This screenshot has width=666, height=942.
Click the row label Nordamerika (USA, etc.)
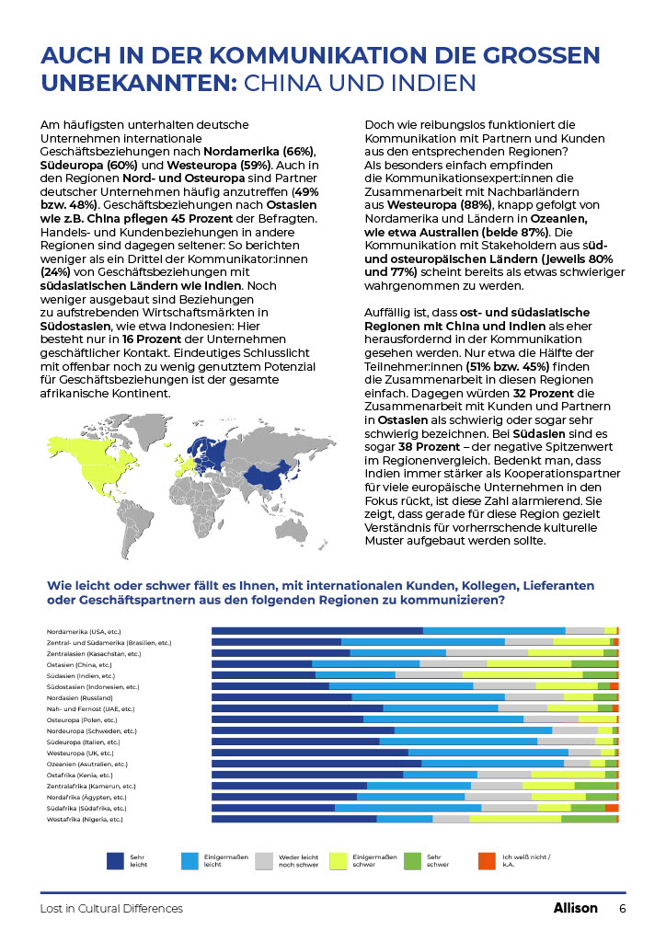click(x=84, y=631)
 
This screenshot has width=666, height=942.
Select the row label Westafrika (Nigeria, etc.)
click(x=85, y=819)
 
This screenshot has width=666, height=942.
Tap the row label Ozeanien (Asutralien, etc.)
click(x=87, y=764)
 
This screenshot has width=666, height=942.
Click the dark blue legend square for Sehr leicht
click(x=115, y=860)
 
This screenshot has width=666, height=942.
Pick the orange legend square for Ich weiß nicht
click(x=488, y=860)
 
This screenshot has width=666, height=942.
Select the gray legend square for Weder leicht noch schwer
click(x=264, y=860)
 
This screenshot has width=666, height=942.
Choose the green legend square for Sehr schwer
click(x=413, y=860)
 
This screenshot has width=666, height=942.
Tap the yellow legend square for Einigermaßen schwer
click(x=339, y=860)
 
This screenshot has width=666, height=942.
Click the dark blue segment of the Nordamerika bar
click(x=317, y=631)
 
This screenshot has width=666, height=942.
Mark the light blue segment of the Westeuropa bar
click(x=488, y=752)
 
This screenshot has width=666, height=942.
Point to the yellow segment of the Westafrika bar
click(x=515, y=819)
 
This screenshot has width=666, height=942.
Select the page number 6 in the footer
click(x=622, y=908)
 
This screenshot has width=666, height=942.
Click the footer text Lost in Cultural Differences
click(x=111, y=909)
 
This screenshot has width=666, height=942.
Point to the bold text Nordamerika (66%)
click(x=259, y=151)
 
